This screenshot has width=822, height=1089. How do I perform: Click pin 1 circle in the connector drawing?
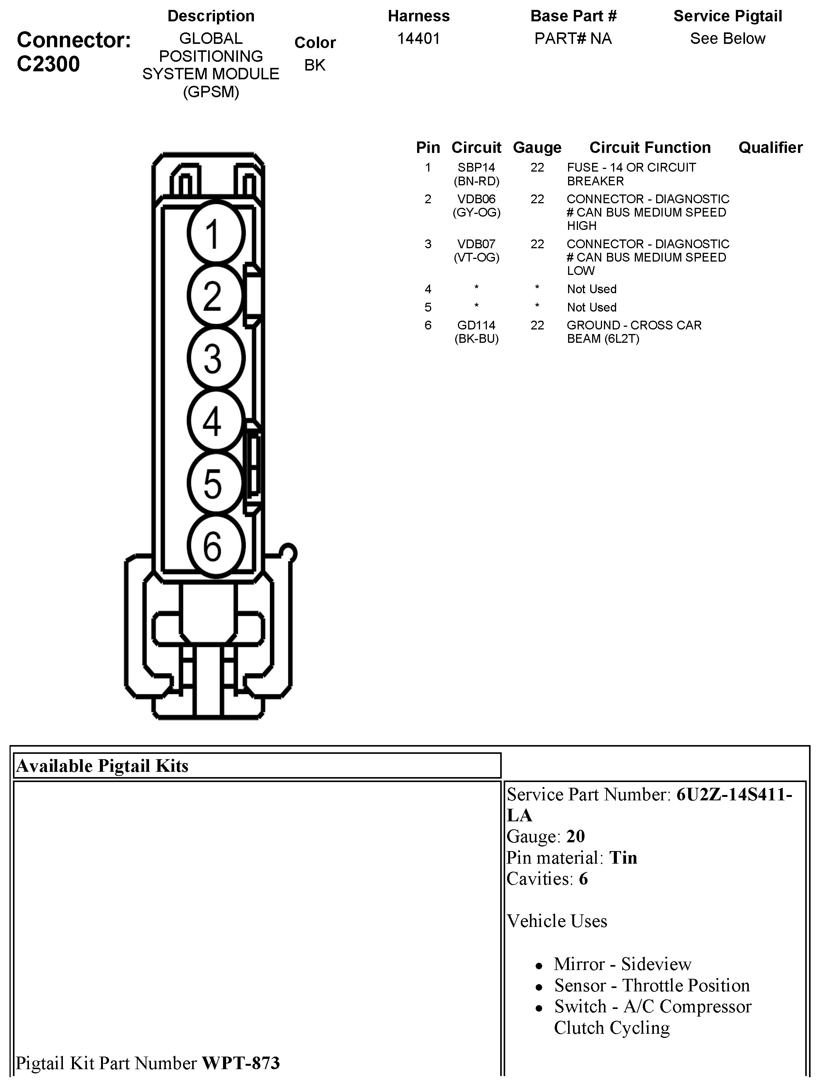(x=215, y=233)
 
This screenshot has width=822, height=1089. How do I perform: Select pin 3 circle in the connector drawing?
(x=215, y=358)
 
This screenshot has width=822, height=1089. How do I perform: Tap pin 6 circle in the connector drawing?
(x=215, y=546)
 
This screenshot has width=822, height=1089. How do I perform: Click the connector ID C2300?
(x=48, y=64)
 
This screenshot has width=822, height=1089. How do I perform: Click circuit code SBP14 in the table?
(x=476, y=168)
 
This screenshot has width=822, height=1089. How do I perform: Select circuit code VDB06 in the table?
(x=476, y=199)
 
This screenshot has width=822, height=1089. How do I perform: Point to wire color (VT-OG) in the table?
(x=476, y=257)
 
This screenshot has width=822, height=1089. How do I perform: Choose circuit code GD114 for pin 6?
(x=476, y=325)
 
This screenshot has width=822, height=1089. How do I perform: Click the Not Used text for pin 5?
(x=592, y=308)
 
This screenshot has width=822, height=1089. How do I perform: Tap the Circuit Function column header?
(x=650, y=148)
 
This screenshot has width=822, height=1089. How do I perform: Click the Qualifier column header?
(x=770, y=148)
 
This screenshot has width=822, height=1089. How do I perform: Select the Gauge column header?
(x=537, y=148)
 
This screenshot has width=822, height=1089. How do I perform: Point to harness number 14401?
(x=418, y=39)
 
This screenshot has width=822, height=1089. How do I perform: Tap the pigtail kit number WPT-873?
(x=241, y=1063)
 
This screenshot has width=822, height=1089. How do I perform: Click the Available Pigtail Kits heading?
(x=103, y=766)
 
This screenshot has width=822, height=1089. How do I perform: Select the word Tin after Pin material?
(x=623, y=858)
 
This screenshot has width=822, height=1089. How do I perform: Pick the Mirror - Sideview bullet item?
(x=622, y=964)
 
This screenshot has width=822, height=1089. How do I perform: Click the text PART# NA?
(x=573, y=39)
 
